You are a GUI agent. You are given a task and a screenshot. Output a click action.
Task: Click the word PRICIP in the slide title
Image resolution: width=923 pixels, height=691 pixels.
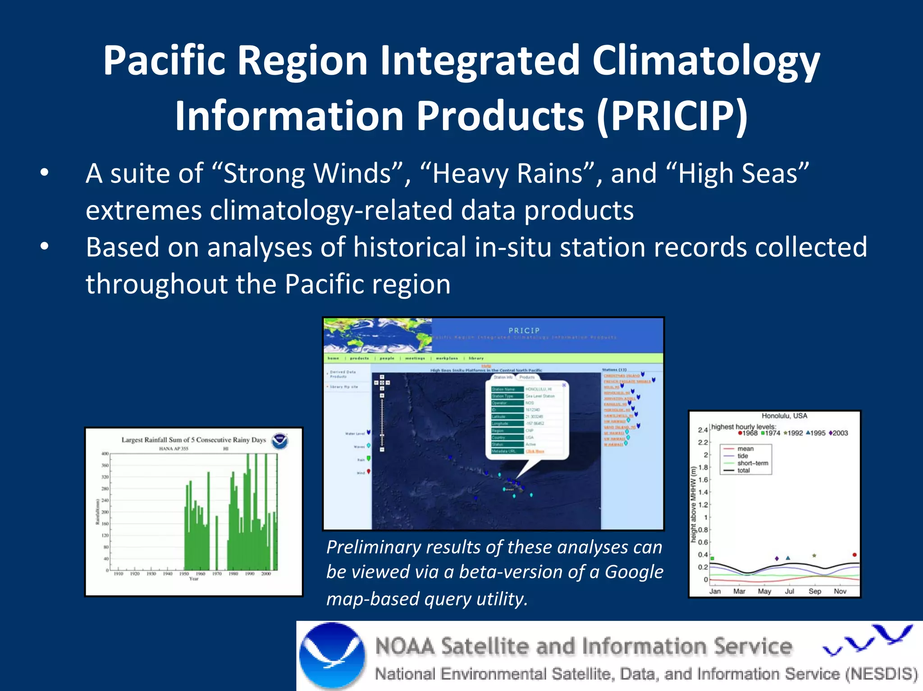click(x=672, y=116)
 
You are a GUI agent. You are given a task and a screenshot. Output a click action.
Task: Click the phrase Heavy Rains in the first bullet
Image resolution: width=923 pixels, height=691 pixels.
click(x=507, y=173)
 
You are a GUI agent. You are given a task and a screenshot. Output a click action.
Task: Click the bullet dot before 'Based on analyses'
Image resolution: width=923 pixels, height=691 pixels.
click(x=44, y=246)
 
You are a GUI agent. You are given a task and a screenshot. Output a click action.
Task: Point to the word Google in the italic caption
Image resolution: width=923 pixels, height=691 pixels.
click(x=634, y=572)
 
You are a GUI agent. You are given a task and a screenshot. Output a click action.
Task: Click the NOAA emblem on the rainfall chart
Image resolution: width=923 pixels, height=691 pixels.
click(x=280, y=441)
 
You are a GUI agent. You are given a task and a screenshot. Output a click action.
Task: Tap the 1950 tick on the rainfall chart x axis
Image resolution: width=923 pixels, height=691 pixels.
click(x=184, y=573)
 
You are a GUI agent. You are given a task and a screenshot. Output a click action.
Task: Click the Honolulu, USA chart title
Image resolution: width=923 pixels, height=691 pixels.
click(x=784, y=416)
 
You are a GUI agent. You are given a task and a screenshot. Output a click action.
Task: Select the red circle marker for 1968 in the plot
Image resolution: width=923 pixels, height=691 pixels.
click(x=854, y=555)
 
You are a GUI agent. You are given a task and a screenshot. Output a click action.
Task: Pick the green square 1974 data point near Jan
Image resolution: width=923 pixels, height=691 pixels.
click(x=713, y=559)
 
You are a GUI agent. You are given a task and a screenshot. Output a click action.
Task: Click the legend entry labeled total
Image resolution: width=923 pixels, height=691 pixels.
click(x=744, y=470)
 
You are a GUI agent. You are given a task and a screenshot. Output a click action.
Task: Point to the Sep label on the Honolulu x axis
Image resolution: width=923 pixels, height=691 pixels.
click(x=814, y=591)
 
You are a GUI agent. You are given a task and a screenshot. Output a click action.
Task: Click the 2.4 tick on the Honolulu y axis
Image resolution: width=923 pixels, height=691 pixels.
click(x=703, y=430)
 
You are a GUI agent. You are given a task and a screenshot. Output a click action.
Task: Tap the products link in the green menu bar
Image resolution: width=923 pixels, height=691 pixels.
click(x=359, y=358)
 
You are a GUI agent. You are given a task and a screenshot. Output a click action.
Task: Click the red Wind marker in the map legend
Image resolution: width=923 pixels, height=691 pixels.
click(x=369, y=472)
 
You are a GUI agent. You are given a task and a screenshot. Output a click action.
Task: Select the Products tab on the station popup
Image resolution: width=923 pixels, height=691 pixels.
click(x=526, y=377)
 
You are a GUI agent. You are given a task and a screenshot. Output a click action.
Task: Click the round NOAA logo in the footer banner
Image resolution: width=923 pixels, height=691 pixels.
click(x=332, y=656)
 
